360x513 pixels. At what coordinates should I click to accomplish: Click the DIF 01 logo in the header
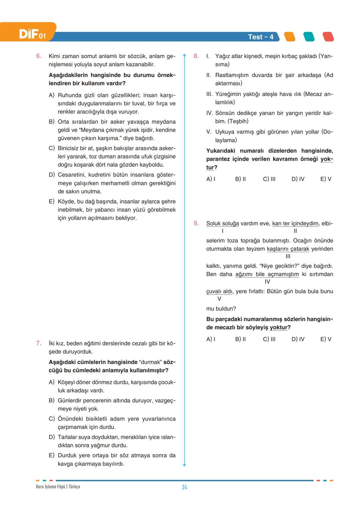(32, 34)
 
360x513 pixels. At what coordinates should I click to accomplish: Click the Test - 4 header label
(260, 37)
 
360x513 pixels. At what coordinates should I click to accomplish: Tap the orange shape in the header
(290, 37)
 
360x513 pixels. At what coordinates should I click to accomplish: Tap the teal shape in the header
(309, 37)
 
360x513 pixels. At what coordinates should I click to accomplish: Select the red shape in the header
(328, 37)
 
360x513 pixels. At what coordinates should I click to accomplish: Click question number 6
(39, 56)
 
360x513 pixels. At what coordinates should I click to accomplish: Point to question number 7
(39, 343)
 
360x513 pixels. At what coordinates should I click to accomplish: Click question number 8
(196, 56)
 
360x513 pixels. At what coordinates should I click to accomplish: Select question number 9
(196, 223)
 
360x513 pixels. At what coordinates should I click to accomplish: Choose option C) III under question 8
(269, 179)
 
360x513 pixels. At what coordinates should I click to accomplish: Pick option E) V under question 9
(326, 339)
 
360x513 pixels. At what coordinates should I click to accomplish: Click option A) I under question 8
(211, 179)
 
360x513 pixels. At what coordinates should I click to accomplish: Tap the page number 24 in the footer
(184, 487)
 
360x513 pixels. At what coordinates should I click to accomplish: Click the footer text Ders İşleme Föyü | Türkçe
(58, 487)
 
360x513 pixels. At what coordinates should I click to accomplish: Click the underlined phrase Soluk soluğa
(222, 223)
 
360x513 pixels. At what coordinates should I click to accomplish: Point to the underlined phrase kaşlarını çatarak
(288, 249)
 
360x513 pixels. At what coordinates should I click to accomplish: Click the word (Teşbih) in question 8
(238, 121)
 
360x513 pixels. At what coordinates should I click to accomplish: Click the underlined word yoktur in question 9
(279, 327)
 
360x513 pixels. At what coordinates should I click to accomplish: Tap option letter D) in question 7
(52, 437)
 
